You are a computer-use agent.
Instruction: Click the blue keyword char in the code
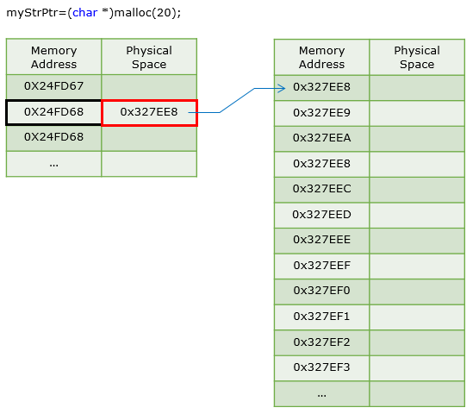point(84,13)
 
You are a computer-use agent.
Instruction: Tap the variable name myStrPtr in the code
point(34,13)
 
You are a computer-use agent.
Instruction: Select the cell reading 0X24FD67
point(53,86)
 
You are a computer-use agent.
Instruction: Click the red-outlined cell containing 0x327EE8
point(149,112)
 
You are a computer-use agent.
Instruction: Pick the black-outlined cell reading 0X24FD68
point(53,112)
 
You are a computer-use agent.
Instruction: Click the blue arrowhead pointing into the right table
point(282,89)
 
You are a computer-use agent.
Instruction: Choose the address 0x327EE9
point(321,113)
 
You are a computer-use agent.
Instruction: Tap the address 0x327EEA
point(321,138)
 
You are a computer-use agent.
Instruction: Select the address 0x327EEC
point(321,189)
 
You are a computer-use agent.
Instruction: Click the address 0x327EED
point(321,215)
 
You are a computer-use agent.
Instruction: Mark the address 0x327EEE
point(321,240)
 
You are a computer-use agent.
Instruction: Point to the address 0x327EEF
point(321,266)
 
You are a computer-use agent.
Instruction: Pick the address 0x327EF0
point(321,291)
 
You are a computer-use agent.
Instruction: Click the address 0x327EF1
point(321,317)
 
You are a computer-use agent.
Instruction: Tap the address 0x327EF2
point(321,342)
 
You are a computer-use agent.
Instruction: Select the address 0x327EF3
point(321,367)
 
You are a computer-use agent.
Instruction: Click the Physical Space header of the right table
point(417,58)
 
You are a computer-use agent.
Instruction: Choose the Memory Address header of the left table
point(53,58)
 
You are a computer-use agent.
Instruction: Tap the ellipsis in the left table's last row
point(53,166)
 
